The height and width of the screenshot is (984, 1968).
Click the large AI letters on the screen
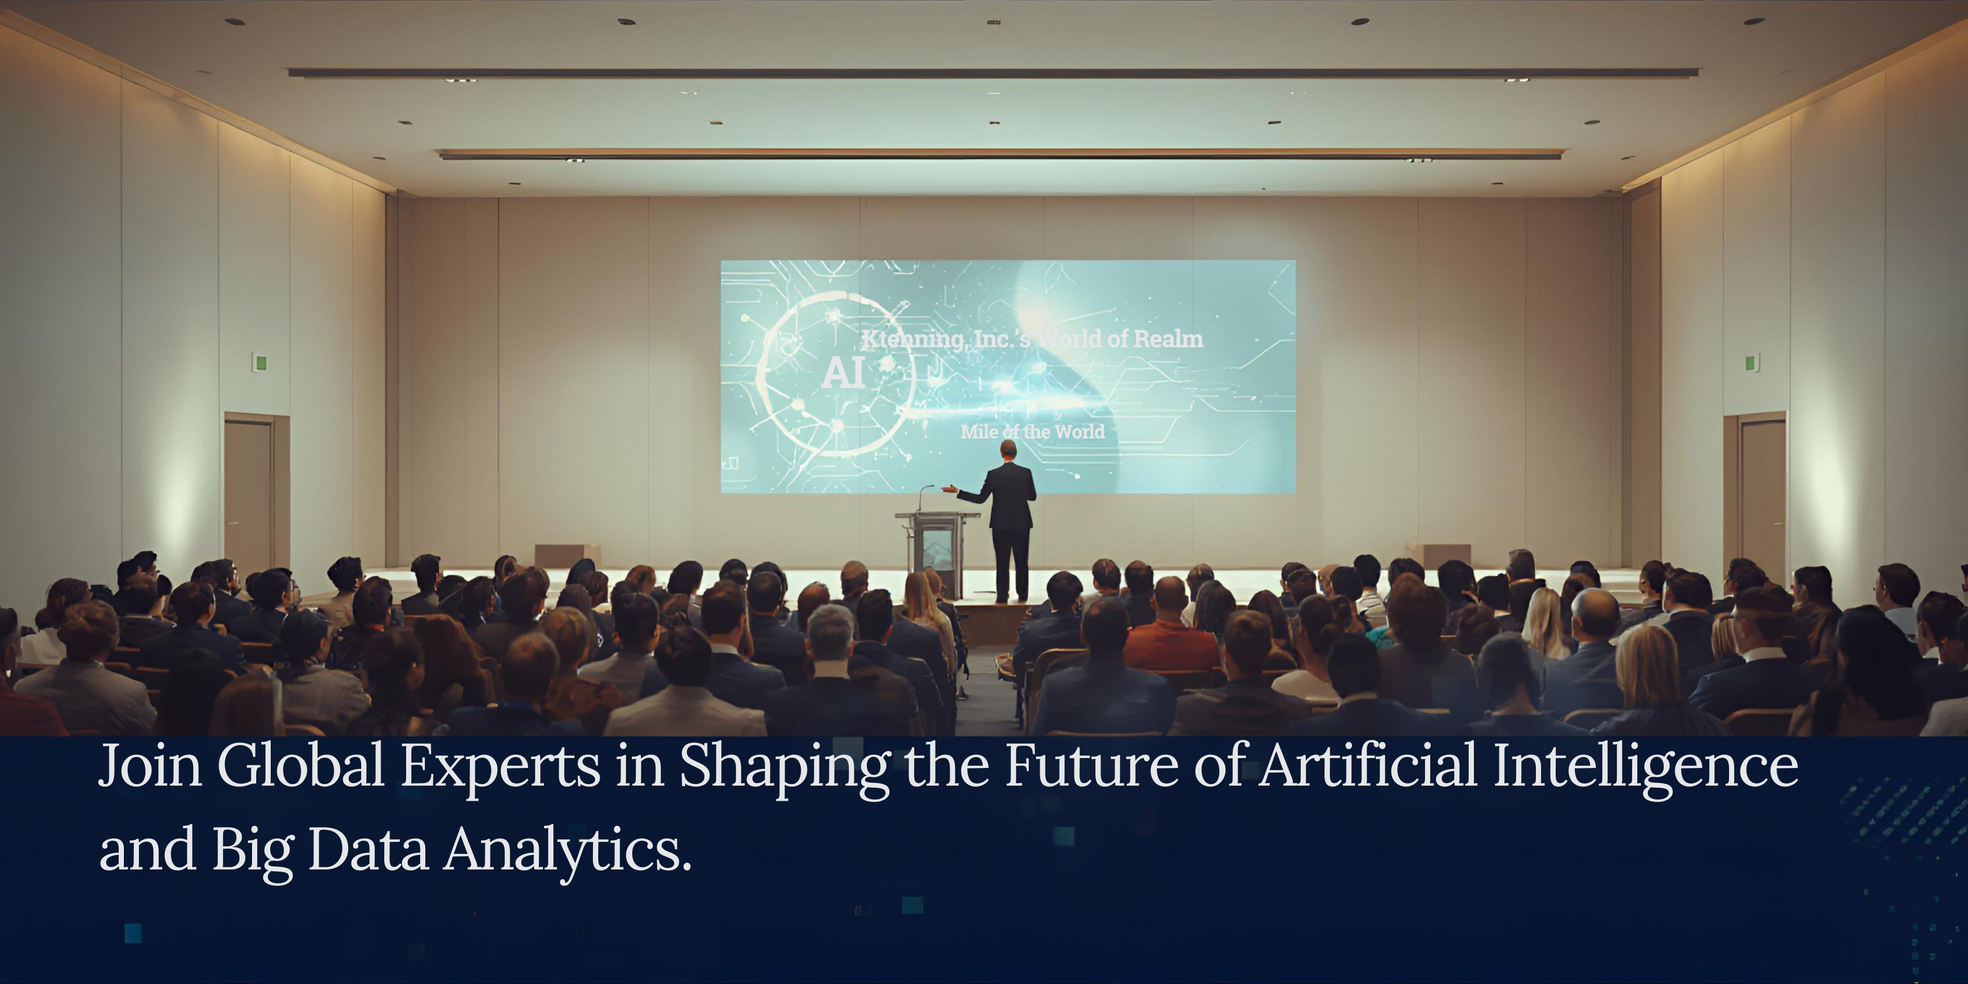[843, 373]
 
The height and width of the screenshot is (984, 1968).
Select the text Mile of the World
[1032, 432]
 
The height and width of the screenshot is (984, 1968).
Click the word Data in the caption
[368, 850]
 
